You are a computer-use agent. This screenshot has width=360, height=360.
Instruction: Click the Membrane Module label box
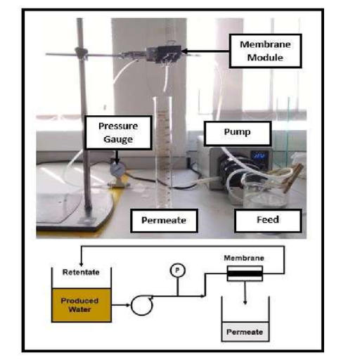265,51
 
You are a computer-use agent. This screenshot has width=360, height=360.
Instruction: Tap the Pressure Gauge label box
118,133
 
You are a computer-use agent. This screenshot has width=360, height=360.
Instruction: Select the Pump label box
238,134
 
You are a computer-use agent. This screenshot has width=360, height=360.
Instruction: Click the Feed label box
268,220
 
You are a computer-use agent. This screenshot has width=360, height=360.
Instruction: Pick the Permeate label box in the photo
164,221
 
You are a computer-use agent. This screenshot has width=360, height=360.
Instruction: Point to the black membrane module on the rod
164,54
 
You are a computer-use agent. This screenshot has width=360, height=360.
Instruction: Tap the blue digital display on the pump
260,156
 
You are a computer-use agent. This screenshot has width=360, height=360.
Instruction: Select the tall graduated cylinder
162,153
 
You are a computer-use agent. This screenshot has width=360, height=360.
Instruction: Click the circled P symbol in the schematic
178,270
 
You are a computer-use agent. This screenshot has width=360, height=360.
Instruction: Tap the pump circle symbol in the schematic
142,305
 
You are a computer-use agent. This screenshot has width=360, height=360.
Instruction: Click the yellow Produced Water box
82,305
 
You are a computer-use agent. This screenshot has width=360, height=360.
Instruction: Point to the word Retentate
81,272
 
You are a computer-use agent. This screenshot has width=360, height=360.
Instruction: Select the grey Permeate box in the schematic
245,332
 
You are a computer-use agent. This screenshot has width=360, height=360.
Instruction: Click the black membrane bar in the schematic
245,274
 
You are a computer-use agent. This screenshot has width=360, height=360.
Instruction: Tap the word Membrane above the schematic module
244,258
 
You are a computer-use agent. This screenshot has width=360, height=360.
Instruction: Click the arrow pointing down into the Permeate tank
245,292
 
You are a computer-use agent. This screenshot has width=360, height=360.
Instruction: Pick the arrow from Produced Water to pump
121,305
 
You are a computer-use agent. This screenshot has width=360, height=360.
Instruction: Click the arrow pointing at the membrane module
205,51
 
